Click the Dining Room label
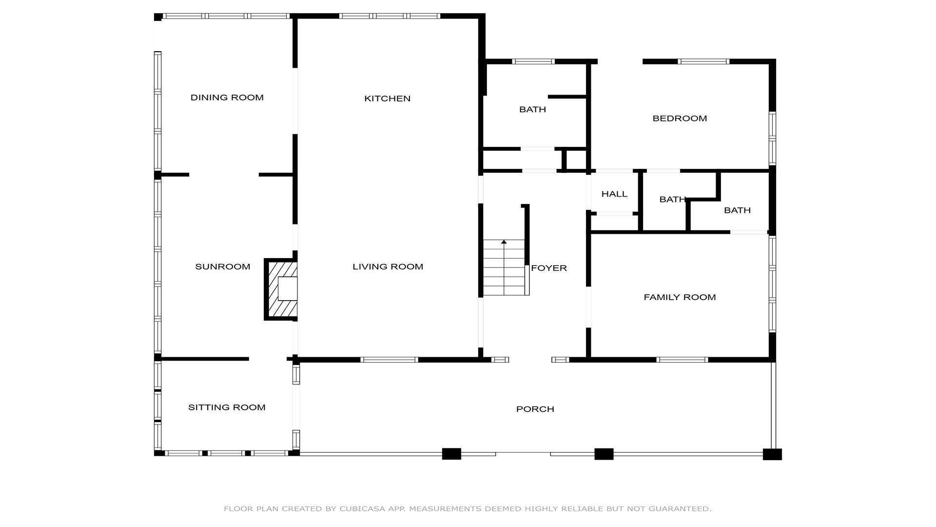[x=227, y=98]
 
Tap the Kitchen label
[x=388, y=99]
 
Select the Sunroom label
[x=223, y=266]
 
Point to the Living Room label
[x=388, y=266]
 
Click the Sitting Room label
[x=227, y=407]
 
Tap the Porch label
[x=535, y=409]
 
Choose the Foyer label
[x=549, y=268]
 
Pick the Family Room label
[x=680, y=297]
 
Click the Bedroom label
[x=680, y=118]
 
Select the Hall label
[x=614, y=194]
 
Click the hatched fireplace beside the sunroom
[x=281, y=289]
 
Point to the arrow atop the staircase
[x=504, y=242]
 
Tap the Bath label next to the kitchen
[x=532, y=109]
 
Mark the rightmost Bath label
[x=737, y=210]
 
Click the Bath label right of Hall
[x=673, y=200]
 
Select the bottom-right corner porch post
[x=772, y=454]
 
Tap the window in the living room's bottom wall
[x=389, y=360]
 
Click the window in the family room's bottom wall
[x=682, y=360]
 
